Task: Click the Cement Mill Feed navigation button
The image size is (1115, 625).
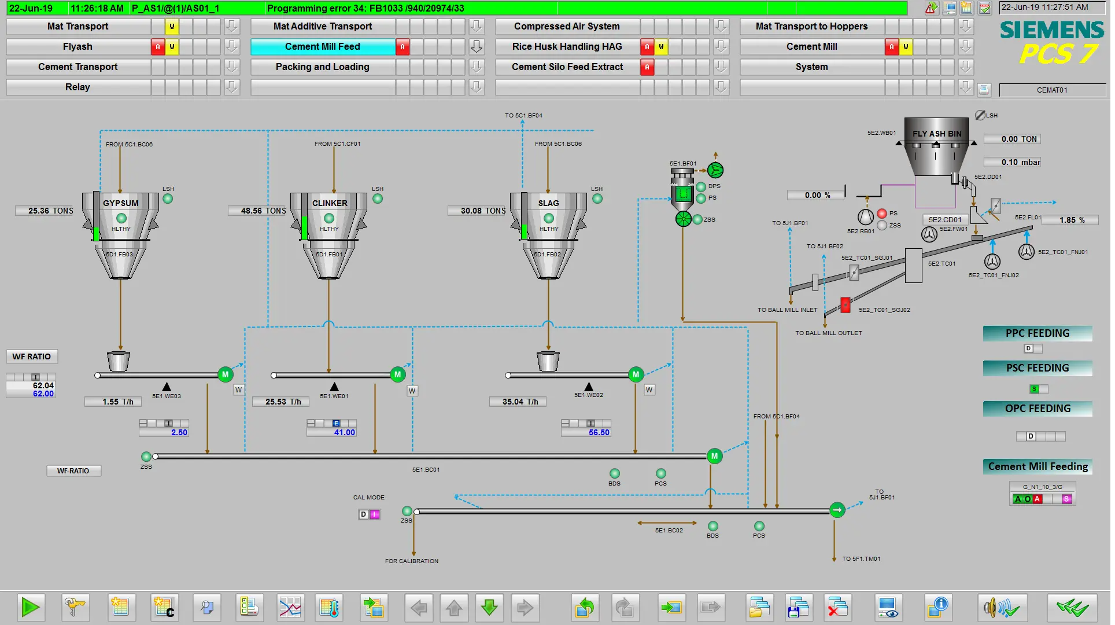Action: point(322,47)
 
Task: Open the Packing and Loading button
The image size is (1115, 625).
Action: point(322,67)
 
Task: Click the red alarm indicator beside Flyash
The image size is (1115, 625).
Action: point(158,47)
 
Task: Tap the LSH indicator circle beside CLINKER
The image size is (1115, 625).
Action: point(378,199)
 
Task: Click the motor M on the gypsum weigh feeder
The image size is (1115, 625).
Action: point(225,375)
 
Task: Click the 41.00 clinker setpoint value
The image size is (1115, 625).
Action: point(344,433)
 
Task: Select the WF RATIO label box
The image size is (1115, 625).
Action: point(32,357)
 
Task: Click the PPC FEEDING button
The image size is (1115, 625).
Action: point(1038,334)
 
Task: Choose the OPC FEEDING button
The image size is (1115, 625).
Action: point(1038,409)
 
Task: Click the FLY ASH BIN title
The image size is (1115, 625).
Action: point(937,134)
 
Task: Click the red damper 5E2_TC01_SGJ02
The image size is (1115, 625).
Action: point(846,305)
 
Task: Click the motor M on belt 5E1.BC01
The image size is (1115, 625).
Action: point(714,457)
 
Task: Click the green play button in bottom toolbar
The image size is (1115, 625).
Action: point(31,608)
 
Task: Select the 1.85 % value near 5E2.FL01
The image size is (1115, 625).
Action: point(1072,220)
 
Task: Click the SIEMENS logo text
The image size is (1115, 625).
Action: point(1052,30)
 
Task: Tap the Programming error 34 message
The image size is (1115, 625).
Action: point(365,9)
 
